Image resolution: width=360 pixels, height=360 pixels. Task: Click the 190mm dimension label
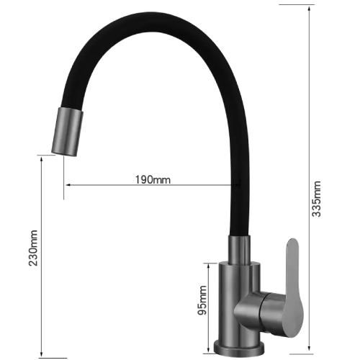[153, 179]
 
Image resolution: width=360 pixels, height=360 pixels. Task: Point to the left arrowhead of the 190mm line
[68, 186]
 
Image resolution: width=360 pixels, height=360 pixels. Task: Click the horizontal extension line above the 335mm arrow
[295, 5]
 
